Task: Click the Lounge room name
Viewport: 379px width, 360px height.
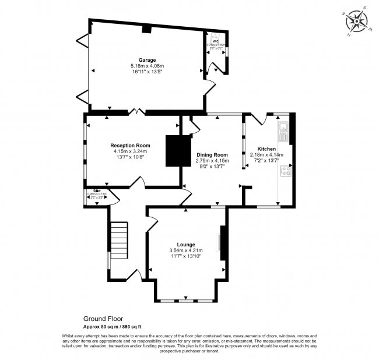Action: click(x=186, y=244)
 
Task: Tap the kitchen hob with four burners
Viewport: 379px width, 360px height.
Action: click(x=286, y=171)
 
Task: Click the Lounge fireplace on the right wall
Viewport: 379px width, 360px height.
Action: click(x=219, y=242)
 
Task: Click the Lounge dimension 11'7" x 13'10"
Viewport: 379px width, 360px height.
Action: click(x=186, y=256)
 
